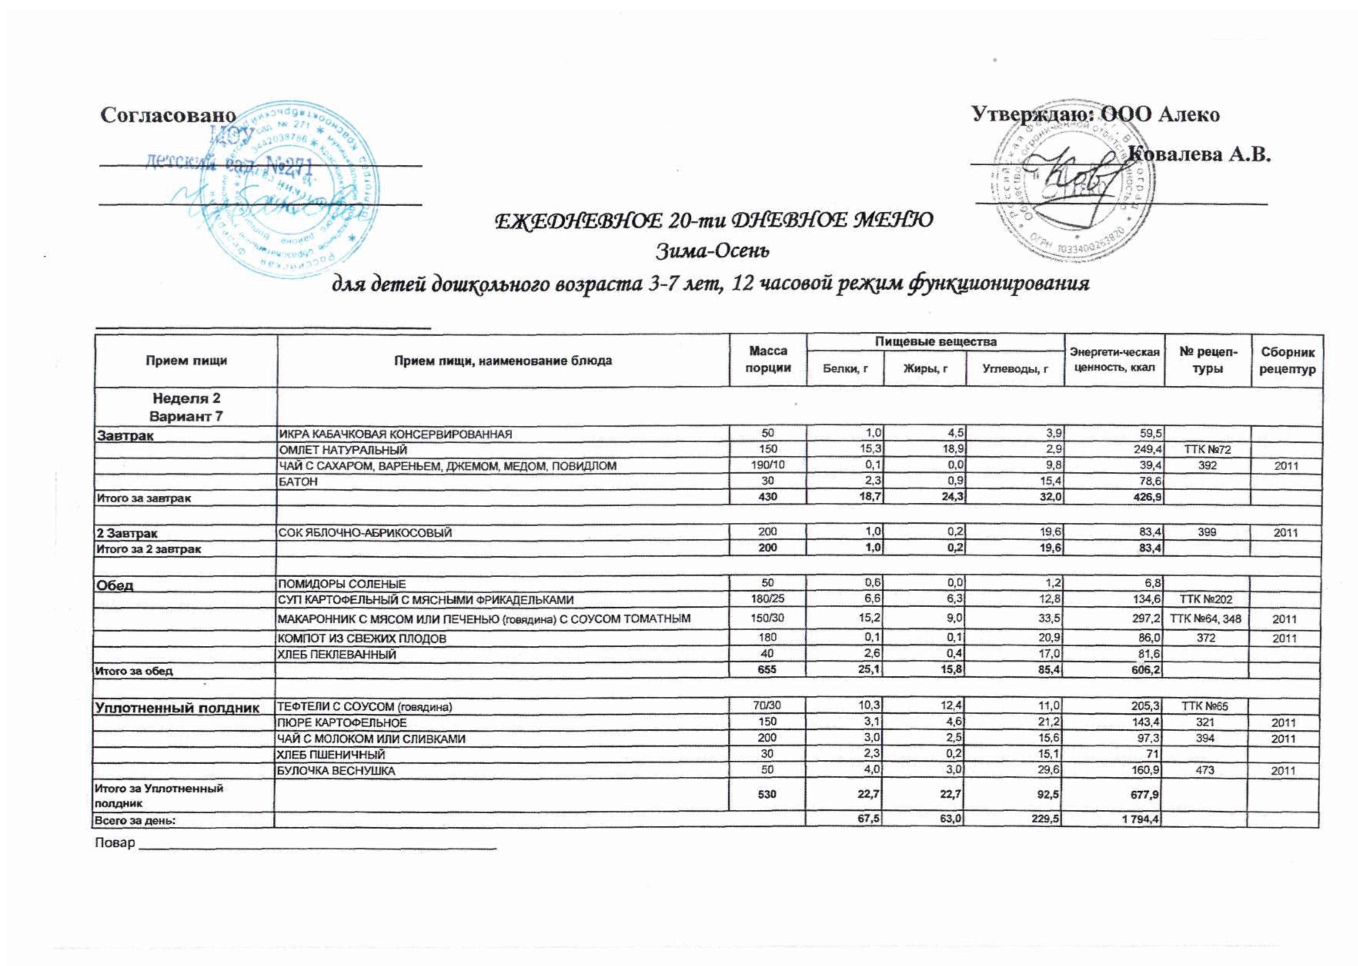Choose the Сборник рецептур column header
point(1287,361)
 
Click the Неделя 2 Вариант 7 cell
point(186,407)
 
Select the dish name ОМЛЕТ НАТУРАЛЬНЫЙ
point(343,450)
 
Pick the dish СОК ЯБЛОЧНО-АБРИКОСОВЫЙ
point(365,533)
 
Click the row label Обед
point(115,585)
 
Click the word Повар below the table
point(115,844)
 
